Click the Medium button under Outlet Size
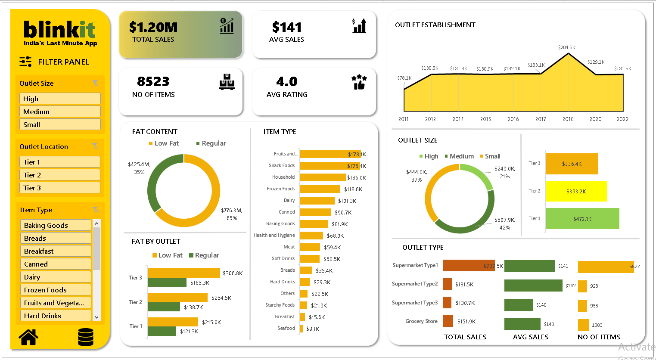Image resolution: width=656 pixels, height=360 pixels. (x=59, y=112)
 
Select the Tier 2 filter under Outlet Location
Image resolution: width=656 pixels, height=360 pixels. (x=59, y=175)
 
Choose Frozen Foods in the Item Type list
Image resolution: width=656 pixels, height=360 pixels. (x=56, y=290)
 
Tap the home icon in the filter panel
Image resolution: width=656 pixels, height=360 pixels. (x=28, y=337)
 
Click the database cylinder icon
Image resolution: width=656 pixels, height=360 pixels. (x=86, y=337)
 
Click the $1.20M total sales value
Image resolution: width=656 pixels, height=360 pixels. (x=153, y=28)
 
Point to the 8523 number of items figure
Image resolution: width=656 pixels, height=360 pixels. (x=153, y=81)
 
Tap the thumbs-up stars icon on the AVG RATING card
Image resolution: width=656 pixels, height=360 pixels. (x=359, y=82)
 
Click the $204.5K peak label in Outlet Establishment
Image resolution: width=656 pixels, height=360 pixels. (x=566, y=47)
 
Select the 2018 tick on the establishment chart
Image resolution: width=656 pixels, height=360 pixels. (x=568, y=119)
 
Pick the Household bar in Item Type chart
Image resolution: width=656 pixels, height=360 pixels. (x=323, y=177)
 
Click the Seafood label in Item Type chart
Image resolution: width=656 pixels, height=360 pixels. (x=286, y=328)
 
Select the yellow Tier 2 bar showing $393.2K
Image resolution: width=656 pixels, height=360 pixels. (x=576, y=191)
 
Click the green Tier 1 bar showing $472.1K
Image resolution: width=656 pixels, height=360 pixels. (x=582, y=219)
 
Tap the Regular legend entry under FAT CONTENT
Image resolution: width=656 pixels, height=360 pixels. (x=211, y=143)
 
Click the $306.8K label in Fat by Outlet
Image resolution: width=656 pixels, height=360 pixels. (x=233, y=273)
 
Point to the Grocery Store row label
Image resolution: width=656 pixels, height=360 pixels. (x=421, y=321)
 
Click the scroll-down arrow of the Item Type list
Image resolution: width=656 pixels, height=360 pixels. (x=96, y=317)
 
